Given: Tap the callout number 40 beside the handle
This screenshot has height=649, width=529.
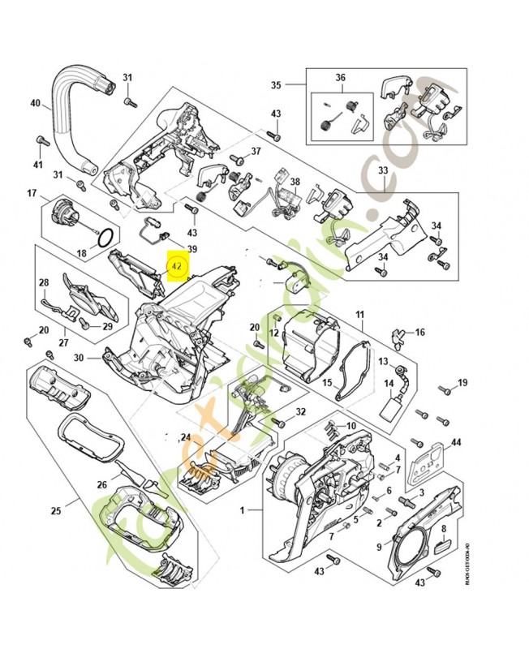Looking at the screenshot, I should (x=35, y=103).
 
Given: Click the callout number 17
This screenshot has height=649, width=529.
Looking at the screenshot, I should (x=32, y=193).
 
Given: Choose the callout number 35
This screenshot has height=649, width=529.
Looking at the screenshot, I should (x=276, y=84).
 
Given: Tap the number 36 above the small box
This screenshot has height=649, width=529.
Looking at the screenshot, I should (x=341, y=78).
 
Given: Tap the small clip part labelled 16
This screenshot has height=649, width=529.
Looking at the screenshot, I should (x=398, y=333).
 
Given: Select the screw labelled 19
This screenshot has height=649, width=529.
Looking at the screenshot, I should (x=445, y=390).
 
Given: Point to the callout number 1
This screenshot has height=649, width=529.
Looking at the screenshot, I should (x=241, y=511).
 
